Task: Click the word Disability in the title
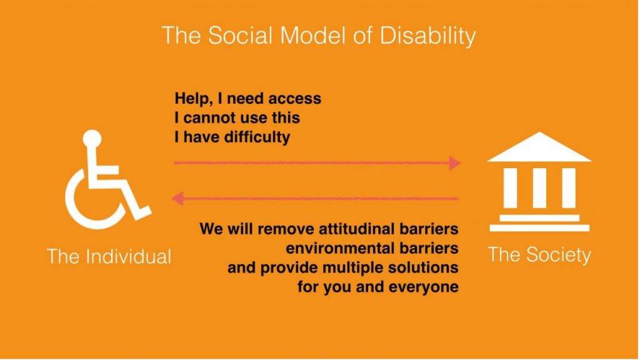(427, 36)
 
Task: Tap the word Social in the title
(240, 35)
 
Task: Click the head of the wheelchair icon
(92, 138)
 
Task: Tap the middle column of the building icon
(539, 187)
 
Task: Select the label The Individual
(109, 256)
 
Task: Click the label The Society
(539, 255)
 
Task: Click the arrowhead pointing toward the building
(455, 163)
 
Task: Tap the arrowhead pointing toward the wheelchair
(177, 199)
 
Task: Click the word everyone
(423, 287)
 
